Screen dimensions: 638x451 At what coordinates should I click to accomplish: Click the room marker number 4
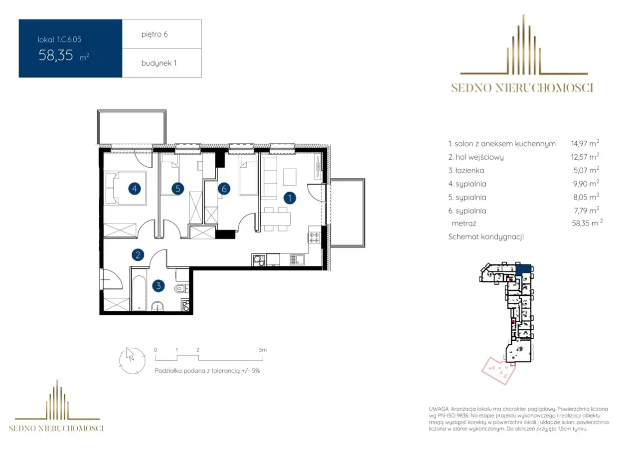pyautogui.click(x=135, y=189)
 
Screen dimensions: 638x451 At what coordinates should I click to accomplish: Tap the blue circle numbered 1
pyautogui.click(x=290, y=198)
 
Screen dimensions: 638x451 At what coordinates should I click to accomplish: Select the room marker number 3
pyautogui.click(x=159, y=285)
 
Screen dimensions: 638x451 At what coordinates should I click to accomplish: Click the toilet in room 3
pyautogui.click(x=181, y=289)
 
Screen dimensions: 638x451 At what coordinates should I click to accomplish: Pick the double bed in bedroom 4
pyautogui.click(x=126, y=188)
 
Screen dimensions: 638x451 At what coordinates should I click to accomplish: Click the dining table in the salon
pyautogui.click(x=276, y=219)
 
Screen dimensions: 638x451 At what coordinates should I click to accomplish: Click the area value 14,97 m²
pyautogui.click(x=585, y=143)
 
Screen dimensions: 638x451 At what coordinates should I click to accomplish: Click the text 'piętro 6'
pyautogui.click(x=155, y=34)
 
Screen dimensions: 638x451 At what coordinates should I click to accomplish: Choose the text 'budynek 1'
pyautogui.click(x=159, y=63)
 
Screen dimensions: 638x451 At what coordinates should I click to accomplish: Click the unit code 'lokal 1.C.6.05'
pyautogui.click(x=59, y=39)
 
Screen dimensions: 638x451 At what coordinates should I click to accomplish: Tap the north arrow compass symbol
pyautogui.click(x=132, y=361)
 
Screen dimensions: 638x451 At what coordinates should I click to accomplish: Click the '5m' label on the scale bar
pyautogui.click(x=263, y=350)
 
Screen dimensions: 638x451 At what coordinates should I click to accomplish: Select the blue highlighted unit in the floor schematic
pyautogui.click(x=523, y=270)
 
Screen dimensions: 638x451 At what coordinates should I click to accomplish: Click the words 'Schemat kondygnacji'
pyautogui.click(x=486, y=236)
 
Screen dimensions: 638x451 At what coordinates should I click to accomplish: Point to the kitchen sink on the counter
pyautogui.click(x=298, y=260)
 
